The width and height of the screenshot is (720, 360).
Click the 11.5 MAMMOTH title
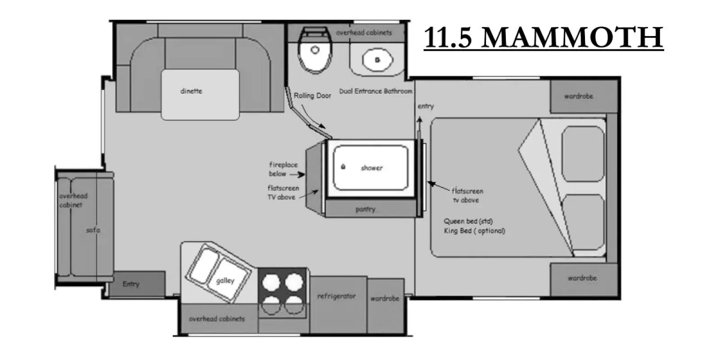pos(544,37)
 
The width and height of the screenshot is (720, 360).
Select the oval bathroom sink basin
pos(378,60)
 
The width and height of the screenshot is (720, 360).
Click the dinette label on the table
pos(191,91)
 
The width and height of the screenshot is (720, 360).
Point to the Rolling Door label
pos(312,95)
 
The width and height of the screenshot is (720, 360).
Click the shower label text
pos(372,168)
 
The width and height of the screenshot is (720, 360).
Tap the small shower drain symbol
pos(343,166)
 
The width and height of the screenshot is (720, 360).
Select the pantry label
pos(365,209)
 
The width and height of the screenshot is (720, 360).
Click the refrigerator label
pos(337,296)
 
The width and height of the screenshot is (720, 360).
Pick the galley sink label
pos(225,281)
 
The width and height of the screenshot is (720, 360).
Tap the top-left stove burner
pos(271,282)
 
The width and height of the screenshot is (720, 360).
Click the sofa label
pos(93,230)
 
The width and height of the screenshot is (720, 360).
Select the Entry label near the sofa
pos(131,284)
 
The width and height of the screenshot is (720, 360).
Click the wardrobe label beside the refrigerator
pos(385,299)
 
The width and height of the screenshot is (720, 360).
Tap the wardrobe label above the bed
pos(579,96)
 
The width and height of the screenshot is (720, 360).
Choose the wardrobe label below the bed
pos(582,278)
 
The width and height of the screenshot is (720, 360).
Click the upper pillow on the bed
pos(583,154)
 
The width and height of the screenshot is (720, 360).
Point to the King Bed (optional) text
pos(474,231)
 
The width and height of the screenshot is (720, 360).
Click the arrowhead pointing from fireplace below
pos(301,175)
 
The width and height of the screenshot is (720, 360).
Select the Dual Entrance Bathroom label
pos(376,91)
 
